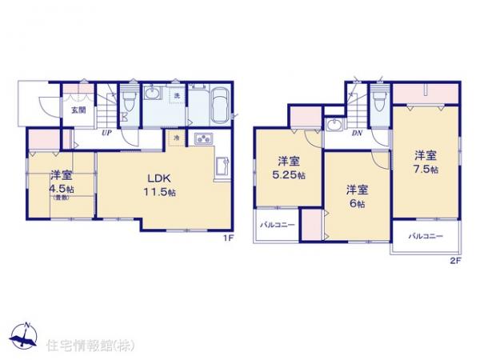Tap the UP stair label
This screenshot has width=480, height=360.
coord(106,132)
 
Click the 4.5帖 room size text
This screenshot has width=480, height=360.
coord(61,189)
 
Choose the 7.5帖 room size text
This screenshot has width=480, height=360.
coord(426,170)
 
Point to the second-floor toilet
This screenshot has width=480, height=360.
coord(379,98)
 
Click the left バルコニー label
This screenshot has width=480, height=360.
coord(277,225)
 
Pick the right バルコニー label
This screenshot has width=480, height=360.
coord(424,237)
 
